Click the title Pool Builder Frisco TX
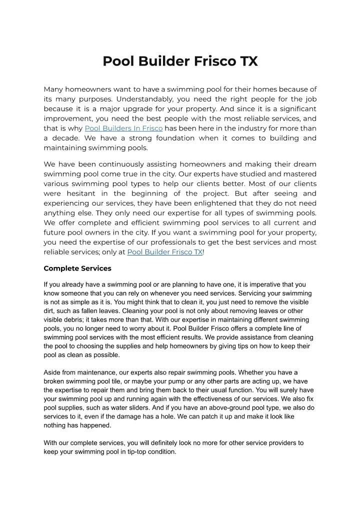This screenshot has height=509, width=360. coord(180,61)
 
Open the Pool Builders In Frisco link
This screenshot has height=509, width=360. coord(124,128)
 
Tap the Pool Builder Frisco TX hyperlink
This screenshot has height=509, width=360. coord(165,252)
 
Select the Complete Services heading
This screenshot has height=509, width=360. coord(77,268)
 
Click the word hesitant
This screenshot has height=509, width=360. coord(84,193)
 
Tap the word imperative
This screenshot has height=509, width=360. coord(256,284)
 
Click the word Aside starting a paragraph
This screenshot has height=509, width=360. coord(53,372)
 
